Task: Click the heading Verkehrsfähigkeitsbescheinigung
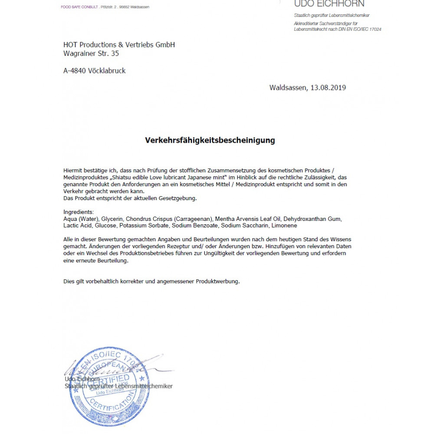coord(210,140)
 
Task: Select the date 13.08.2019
coord(328,87)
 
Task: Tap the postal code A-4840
coord(74,71)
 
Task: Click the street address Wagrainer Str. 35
coord(91,53)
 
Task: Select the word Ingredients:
coord(79,212)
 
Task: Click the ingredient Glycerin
coord(112,219)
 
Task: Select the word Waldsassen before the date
coord(288,87)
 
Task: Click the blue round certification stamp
coord(103,386)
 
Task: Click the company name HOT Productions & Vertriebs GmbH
coord(119,45)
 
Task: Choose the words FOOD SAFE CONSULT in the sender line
coord(79,7)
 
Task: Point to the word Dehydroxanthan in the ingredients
coord(306,219)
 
